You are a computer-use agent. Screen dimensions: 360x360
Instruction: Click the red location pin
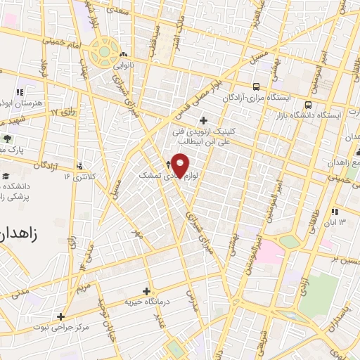181,165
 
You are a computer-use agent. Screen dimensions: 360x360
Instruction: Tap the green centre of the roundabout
105,51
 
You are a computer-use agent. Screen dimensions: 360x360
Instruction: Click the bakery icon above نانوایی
124,54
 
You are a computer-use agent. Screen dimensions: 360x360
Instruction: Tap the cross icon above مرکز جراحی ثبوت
61,316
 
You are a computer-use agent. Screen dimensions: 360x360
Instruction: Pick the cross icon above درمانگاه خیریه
146,290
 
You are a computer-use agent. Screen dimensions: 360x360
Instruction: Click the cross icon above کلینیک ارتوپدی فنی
204,120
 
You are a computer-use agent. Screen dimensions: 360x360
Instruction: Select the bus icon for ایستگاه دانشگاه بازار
308,104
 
